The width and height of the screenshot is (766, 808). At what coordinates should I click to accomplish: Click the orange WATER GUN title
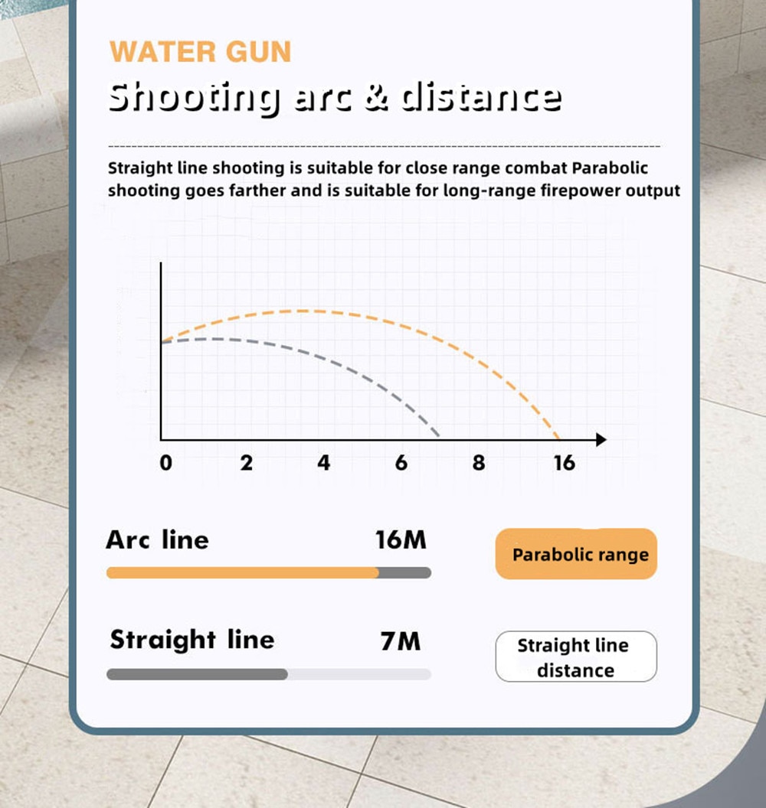(x=200, y=52)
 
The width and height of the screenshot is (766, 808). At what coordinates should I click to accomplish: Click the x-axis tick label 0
(x=165, y=463)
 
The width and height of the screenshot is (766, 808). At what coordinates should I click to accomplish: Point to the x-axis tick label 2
(x=247, y=463)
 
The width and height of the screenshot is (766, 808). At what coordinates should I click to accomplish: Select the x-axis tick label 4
(x=323, y=463)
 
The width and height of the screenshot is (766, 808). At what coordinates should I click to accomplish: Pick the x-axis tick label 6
(x=401, y=463)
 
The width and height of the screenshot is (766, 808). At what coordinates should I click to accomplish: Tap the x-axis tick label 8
(x=479, y=463)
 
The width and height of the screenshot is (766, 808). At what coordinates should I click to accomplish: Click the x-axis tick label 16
(x=565, y=463)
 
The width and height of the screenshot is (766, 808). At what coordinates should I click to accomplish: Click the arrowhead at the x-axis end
(x=601, y=439)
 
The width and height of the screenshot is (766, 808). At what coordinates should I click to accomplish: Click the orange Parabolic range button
(x=576, y=554)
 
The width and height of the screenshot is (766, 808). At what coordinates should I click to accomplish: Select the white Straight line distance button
(x=576, y=656)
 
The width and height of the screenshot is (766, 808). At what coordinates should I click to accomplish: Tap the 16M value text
(x=401, y=540)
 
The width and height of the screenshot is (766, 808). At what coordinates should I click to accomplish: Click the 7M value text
(x=401, y=641)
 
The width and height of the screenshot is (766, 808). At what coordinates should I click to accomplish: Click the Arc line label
(x=157, y=540)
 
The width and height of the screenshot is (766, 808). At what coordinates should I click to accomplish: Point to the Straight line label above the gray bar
(x=192, y=640)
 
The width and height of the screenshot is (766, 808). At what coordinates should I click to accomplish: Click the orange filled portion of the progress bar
(x=242, y=572)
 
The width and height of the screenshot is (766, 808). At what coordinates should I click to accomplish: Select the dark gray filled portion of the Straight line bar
(x=197, y=674)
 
